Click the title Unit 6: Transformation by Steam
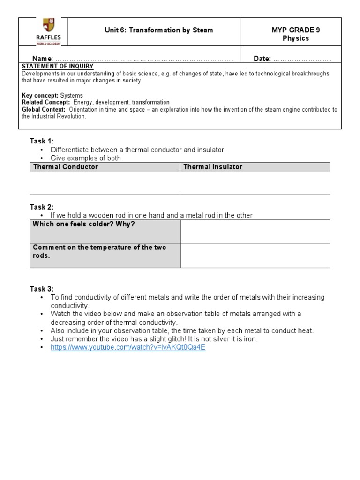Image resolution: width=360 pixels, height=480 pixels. pos(158,30)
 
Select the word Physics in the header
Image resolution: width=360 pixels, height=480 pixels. pos(295,38)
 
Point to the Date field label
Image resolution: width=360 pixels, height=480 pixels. pos(262,59)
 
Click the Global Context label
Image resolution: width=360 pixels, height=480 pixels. pos(44,109)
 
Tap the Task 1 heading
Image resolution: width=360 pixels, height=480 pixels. pos(42,141)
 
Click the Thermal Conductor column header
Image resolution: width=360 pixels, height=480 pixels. pos(65,167)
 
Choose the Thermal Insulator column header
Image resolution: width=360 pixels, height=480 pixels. pos(213,167)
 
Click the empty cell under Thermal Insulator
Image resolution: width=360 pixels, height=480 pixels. pos(255,183)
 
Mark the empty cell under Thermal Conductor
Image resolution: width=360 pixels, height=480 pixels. pos(105,183)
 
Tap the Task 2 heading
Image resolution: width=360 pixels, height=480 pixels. pos(42,207)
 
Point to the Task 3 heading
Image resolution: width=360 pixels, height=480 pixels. pos(42,289)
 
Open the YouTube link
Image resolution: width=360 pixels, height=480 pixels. pos(128,348)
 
